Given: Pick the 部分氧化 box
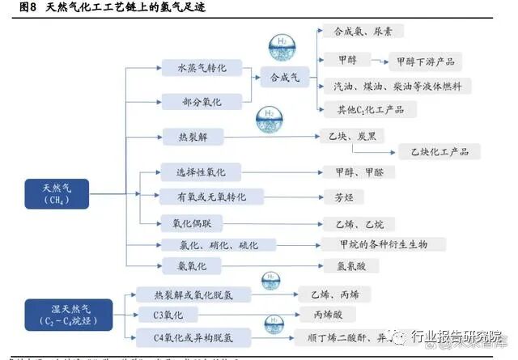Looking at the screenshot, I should (202, 102).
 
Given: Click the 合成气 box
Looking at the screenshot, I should (285, 78).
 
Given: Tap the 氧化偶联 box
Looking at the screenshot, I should (193, 222).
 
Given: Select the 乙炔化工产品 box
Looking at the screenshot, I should (439, 151).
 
